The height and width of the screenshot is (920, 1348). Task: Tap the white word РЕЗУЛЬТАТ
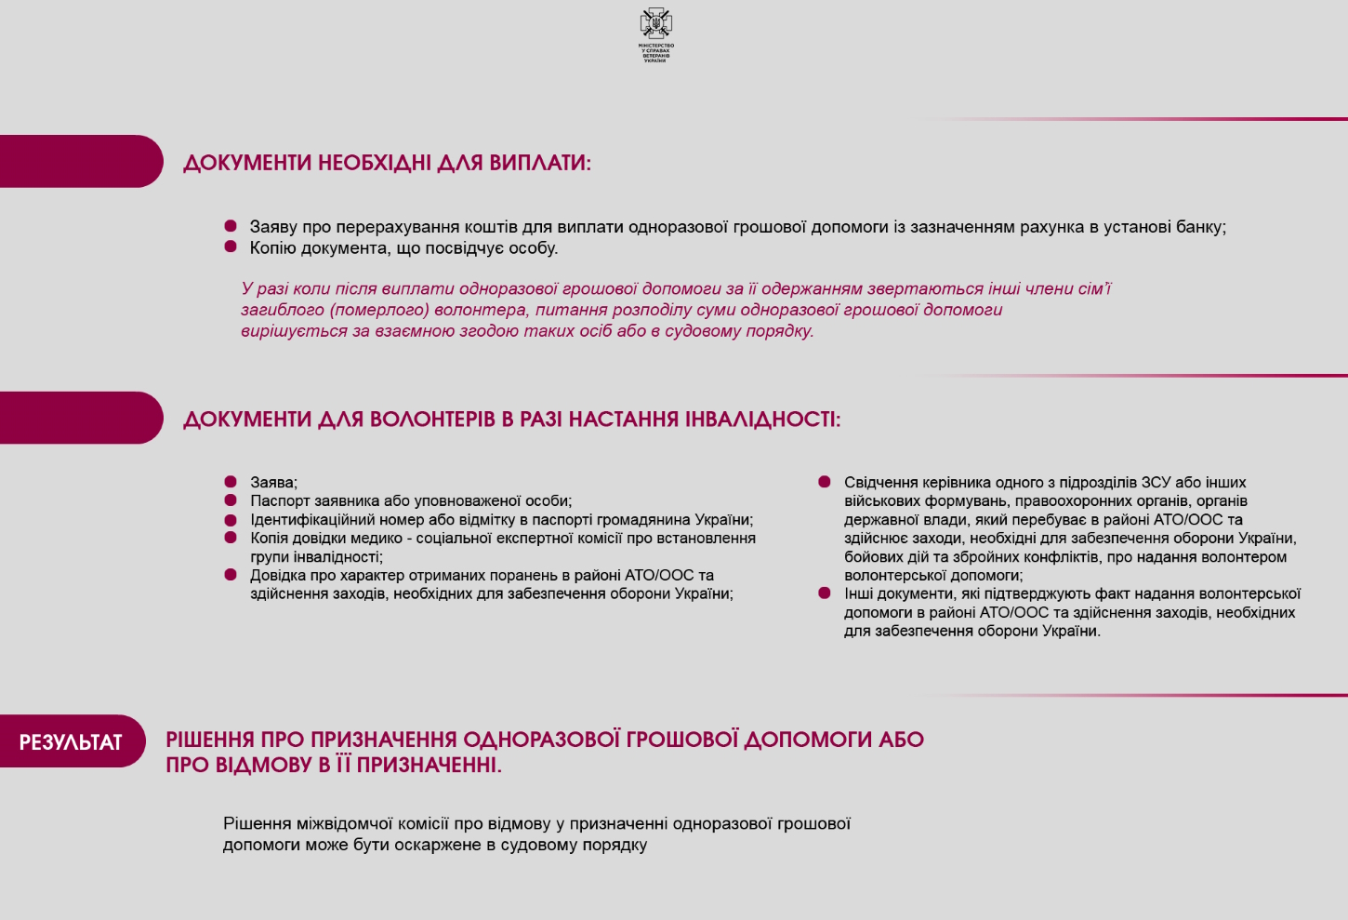(71, 742)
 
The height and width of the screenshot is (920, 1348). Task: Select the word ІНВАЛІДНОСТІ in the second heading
(762, 420)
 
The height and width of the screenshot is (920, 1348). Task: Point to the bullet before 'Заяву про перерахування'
(231, 226)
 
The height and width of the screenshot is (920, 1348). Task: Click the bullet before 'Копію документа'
(231, 247)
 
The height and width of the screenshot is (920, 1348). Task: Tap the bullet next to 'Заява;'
(231, 482)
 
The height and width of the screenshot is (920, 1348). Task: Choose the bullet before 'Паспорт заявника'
(231, 500)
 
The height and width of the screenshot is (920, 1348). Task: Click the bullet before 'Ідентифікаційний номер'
(231, 519)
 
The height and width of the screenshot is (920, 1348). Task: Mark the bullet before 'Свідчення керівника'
(825, 482)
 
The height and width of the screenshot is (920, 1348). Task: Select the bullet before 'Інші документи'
(825, 593)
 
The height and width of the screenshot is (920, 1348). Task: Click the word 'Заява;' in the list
(273, 483)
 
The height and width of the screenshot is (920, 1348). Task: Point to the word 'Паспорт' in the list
(278, 501)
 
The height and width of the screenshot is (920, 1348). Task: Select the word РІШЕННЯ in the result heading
(209, 740)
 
